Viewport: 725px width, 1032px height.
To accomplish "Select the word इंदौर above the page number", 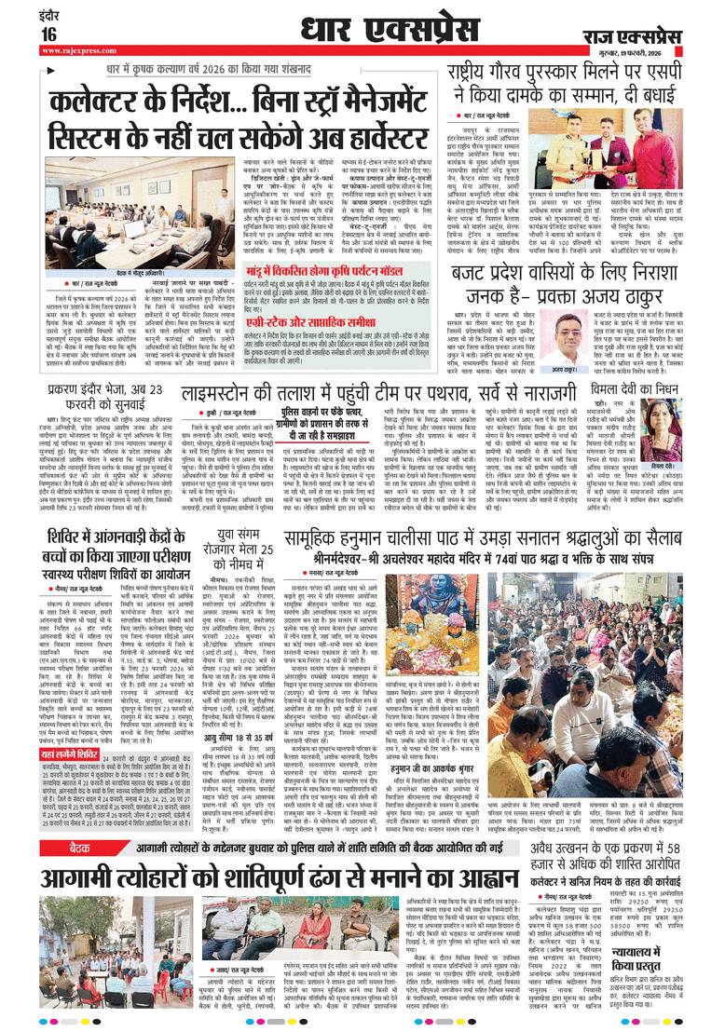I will pos(21,14).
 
